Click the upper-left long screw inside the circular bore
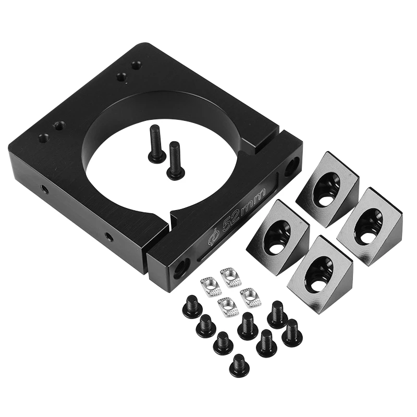(x=155, y=143)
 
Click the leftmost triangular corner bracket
(x=278, y=238)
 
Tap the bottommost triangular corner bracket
(x=321, y=275)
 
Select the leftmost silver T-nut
(x=211, y=286)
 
